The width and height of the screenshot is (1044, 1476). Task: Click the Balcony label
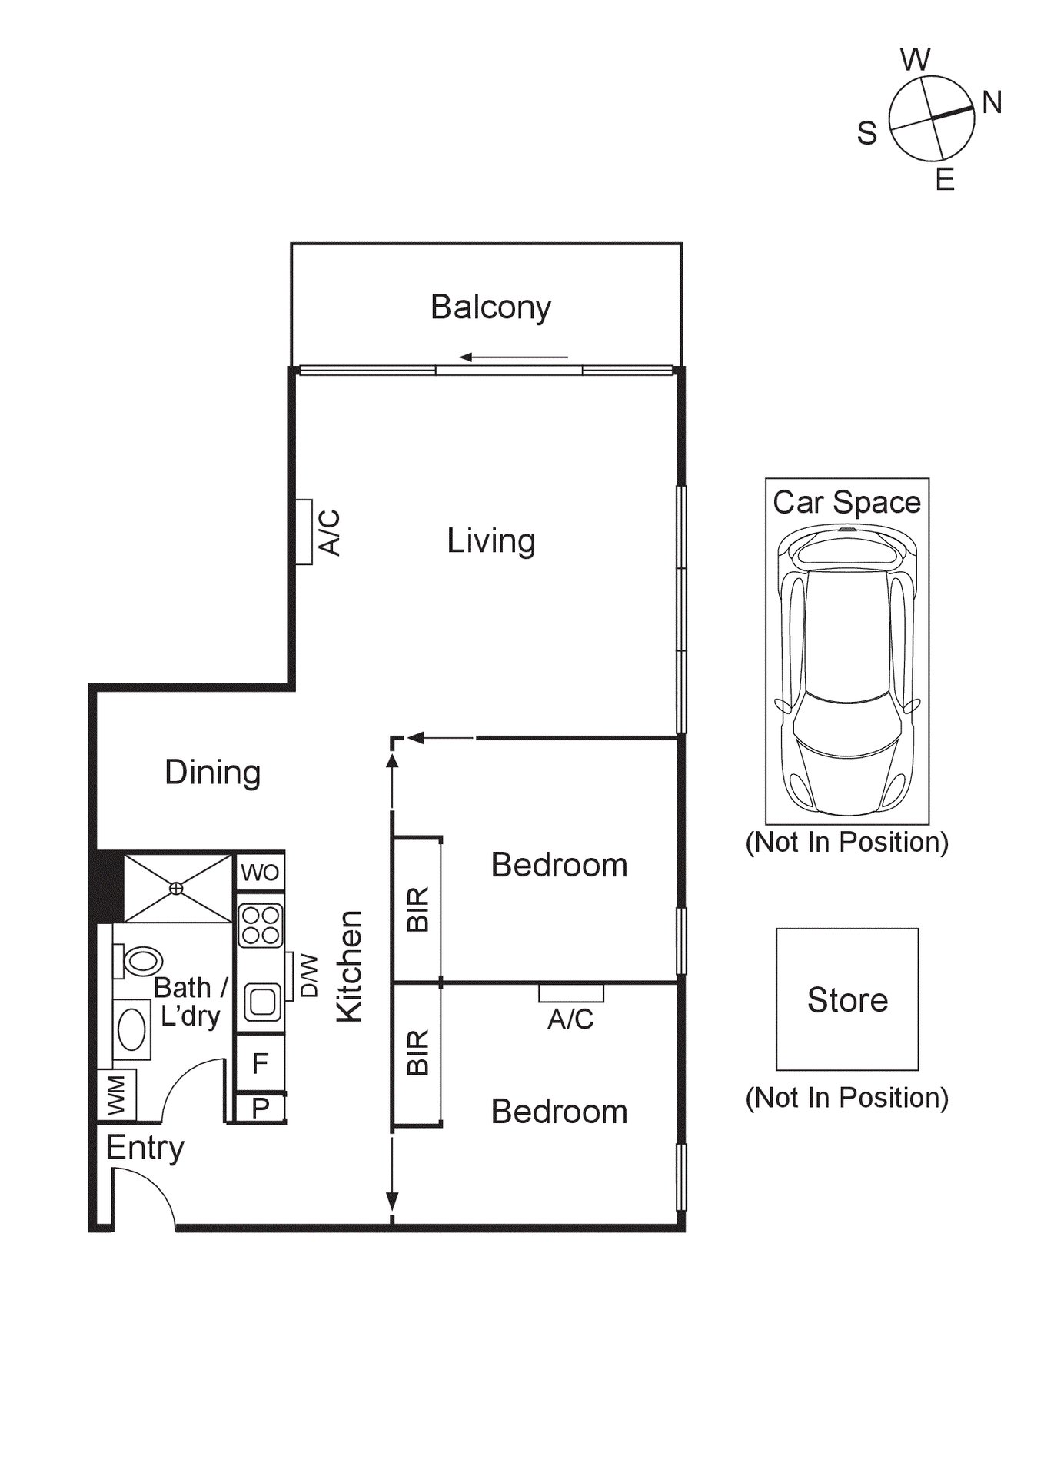coord(490,307)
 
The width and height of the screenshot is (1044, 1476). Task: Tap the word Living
coord(490,540)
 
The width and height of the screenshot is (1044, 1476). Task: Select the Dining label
coord(212,772)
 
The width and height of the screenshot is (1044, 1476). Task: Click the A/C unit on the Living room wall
coord(304,532)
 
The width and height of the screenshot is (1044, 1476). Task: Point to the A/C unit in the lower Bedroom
coord(570,992)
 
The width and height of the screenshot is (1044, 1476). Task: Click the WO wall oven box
coord(260,873)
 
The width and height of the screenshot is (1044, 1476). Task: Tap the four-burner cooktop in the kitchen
coord(261,925)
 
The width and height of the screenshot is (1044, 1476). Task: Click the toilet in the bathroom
coord(140,961)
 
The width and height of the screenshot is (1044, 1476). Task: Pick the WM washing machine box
coord(117,1095)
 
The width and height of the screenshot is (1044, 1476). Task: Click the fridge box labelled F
coord(260,1063)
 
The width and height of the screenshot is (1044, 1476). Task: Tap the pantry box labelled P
coord(260,1108)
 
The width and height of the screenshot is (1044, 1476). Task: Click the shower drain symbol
coord(177,888)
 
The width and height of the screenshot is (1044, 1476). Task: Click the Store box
coord(847,999)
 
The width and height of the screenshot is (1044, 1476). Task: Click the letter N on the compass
coord(992,102)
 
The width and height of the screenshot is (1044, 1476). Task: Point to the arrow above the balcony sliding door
coord(514,357)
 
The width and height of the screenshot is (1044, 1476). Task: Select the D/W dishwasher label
coord(308,976)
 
